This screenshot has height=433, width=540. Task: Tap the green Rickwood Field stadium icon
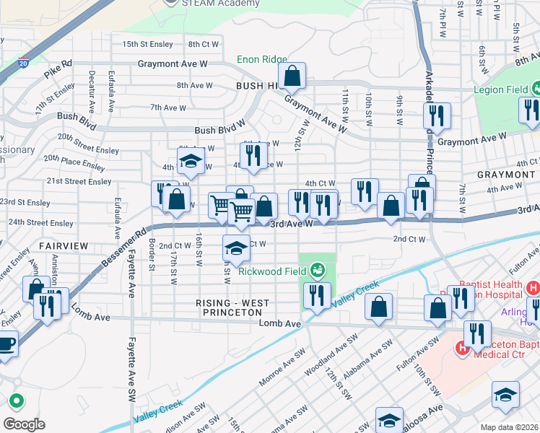[x=316, y=271]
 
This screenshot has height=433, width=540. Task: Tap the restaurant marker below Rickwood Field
[x=317, y=295]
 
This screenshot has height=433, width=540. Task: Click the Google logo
[x=24, y=424]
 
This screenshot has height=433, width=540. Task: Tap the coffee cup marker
[x=6, y=344]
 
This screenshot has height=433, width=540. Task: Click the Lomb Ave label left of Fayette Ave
[x=90, y=317]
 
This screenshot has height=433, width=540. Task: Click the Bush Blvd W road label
[x=220, y=131]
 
